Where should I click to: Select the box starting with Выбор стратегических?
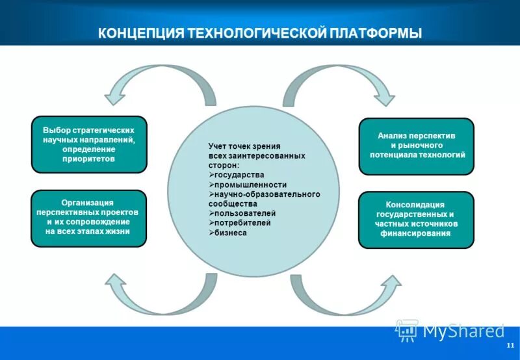89,144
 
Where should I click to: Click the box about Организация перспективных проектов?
89,218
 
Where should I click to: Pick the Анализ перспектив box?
417,146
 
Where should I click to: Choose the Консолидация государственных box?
417,220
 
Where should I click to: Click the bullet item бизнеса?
230,232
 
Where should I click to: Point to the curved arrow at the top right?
344,81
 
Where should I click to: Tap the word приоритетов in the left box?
89,159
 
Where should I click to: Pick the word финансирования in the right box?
416,233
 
